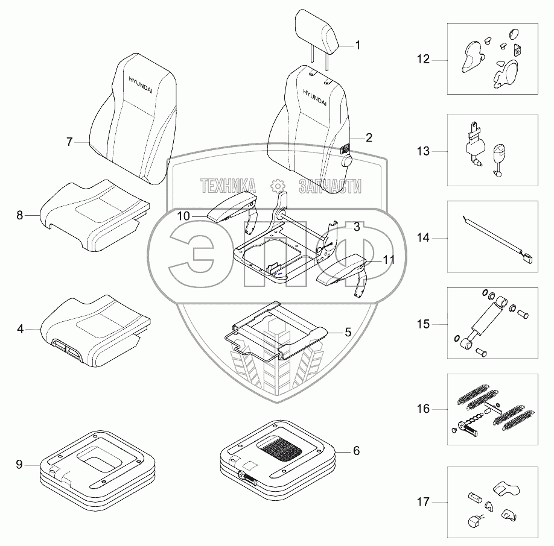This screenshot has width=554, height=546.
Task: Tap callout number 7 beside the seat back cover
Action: point(69,142)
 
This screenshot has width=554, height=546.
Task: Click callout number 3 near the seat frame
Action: point(357,227)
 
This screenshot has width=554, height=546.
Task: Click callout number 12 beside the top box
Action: point(423,60)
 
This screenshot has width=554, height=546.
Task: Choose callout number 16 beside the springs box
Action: point(423,409)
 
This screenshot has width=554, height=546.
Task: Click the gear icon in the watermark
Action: point(277,186)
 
